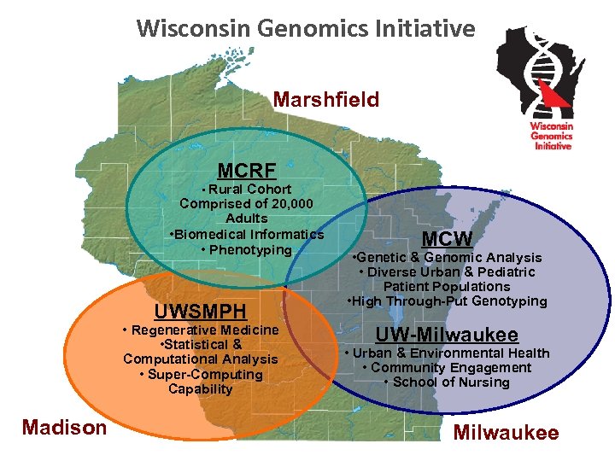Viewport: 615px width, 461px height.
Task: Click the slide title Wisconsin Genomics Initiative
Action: click(305, 29)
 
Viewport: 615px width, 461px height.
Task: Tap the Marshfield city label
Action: click(326, 100)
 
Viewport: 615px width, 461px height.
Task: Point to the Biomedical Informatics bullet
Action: click(248, 234)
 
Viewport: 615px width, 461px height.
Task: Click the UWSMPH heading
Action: click(201, 311)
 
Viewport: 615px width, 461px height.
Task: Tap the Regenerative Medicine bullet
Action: click(201, 330)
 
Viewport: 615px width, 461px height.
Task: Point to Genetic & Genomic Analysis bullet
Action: click(448, 257)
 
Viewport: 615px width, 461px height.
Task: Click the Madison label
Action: click(65, 427)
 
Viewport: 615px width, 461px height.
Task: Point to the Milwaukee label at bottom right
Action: click(506, 432)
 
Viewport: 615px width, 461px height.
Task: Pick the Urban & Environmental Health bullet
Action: click(447, 353)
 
